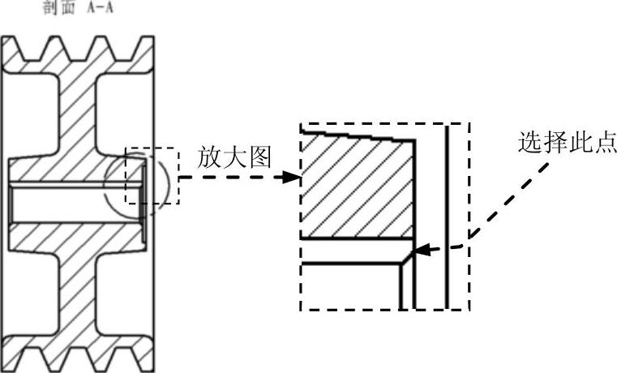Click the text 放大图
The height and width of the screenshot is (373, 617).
(x=235, y=157)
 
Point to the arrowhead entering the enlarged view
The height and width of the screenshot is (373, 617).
(x=290, y=176)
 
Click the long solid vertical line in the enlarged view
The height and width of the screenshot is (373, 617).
(x=447, y=217)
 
